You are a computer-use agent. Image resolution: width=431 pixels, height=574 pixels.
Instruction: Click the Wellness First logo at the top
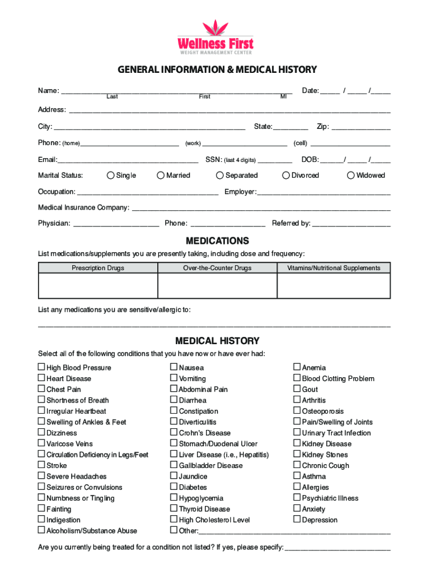(x=215, y=37)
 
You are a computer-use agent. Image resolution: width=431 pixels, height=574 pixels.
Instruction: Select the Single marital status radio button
(x=110, y=175)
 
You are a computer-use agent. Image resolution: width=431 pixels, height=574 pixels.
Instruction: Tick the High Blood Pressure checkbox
(x=41, y=367)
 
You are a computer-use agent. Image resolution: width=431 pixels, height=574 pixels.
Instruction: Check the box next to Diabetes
(x=174, y=487)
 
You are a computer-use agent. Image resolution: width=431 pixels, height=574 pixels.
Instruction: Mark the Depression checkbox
(x=297, y=520)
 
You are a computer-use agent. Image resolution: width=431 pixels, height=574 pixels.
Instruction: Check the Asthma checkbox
(x=297, y=476)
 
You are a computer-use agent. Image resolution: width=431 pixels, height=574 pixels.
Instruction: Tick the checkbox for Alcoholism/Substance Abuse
(x=41, y=530)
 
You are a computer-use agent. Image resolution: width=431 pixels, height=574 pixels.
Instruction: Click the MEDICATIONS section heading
(x=217, y=241)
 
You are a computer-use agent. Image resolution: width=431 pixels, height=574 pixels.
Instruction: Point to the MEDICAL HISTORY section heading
(x=217, y=341)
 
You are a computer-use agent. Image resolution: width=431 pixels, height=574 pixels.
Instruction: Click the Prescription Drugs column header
(x=98, y=268)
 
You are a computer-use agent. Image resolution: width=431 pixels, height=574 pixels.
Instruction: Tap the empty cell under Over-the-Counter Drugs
(x=217, y=286)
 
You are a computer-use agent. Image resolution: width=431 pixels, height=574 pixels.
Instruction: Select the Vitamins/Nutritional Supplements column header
(x=334, y=268)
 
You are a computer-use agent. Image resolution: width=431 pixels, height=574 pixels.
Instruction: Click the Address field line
(x=229, y=110)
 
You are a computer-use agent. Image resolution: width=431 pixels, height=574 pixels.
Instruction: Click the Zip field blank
(x=360, y=127)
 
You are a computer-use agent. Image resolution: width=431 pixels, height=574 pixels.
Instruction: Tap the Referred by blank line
(x=351, y=224)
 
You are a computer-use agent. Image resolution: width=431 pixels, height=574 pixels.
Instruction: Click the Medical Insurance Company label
(x=83, y=207)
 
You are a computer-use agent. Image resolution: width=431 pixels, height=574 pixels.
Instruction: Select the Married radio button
(x=161, y=175)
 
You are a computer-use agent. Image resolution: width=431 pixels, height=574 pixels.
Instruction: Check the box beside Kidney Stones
(x=297, y=454)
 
